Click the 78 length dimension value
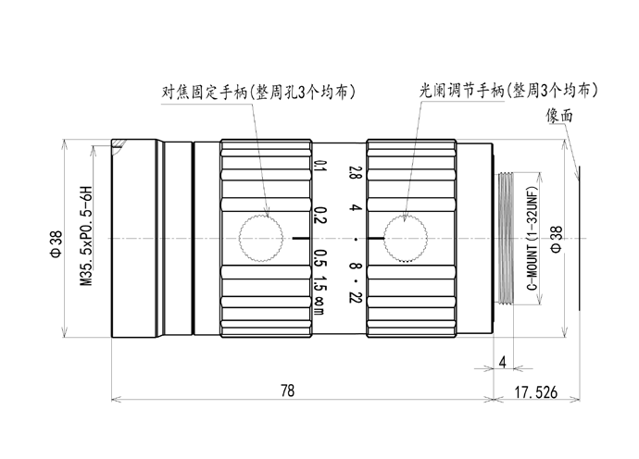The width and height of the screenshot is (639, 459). [287, 391]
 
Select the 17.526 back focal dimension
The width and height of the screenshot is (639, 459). [535, 392]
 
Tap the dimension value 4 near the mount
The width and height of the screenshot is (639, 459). [503, 362]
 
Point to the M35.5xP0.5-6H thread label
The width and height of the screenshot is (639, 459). [86, 236]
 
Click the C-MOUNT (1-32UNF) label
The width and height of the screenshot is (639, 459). [532, 239]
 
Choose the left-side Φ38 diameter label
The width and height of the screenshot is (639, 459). [56, 244]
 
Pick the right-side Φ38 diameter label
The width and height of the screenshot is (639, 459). [557, 240]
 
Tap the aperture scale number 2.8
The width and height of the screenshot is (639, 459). [356, 172]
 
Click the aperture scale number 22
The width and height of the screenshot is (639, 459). [356, 298]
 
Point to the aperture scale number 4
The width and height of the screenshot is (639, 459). [356, 207]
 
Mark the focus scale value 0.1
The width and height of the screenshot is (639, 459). [320, 167]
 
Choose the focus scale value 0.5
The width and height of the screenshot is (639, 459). [320, 258]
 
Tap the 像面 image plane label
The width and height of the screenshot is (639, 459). [559, 116]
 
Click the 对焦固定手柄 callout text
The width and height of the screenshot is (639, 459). [204, 92]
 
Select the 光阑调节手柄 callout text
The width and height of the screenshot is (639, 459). [462, 91]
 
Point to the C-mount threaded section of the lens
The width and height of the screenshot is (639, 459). [506, 238]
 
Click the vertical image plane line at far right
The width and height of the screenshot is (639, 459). [580, 238]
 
